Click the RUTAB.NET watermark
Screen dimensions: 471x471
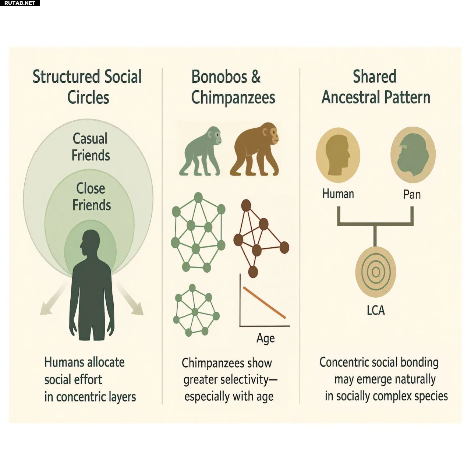pos(20,3)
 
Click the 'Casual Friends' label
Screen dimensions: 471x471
pos(91,147)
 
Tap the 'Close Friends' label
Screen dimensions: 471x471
pos(91,197)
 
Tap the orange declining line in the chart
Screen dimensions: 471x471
pos(264,303)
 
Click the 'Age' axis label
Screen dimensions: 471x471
pos(265,338)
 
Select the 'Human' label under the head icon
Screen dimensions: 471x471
pos(338,194)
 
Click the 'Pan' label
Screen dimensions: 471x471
pos(412,194)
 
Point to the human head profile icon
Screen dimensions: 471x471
pos(338,155)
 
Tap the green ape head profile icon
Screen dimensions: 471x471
pos(412,155)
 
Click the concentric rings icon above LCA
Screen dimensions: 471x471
pos(375,272)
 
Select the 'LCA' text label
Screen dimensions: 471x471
pos(376,310)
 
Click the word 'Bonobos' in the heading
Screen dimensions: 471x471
pos(219,77)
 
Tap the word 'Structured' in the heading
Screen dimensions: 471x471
pos(66,77)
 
